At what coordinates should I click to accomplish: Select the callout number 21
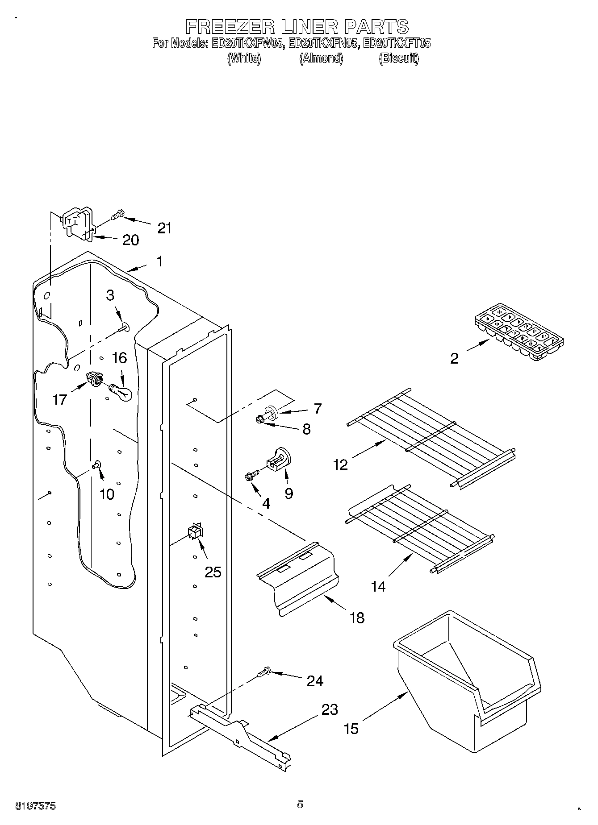[x=164, y=228]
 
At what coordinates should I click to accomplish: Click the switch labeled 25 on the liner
[x=195, y=531]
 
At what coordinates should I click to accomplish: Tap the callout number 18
[x=357, y=618]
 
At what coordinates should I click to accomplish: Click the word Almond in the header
[x=321, y=58]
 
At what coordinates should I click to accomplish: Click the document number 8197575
[x=36, y=806]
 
